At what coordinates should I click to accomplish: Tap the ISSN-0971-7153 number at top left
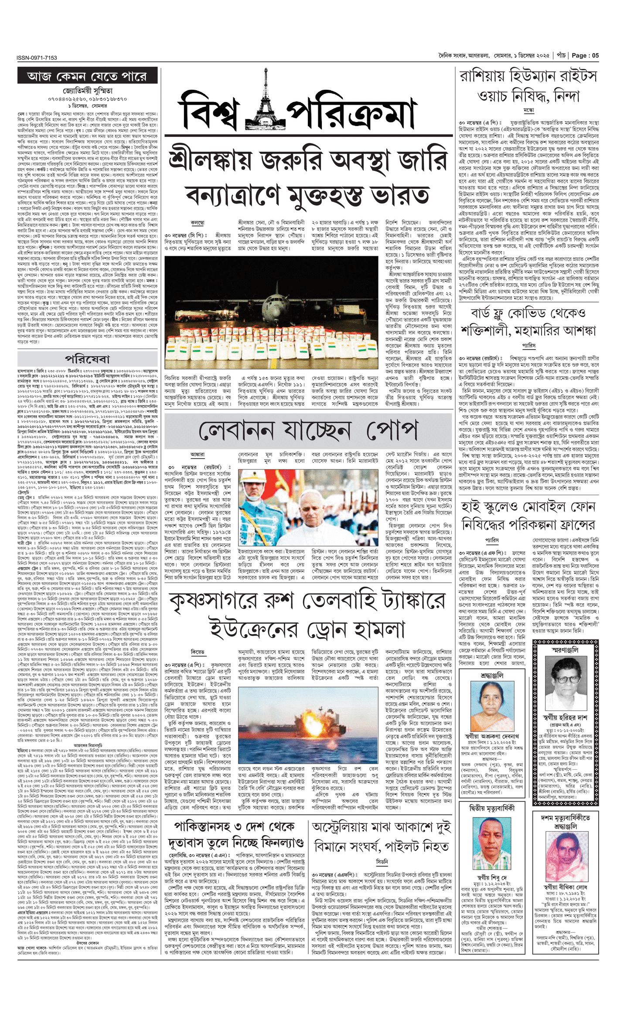click(x=37, y=58)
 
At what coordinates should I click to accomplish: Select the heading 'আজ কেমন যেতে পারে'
click(x=87, y=76)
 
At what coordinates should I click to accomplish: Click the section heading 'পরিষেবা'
click(x=87, y=359)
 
